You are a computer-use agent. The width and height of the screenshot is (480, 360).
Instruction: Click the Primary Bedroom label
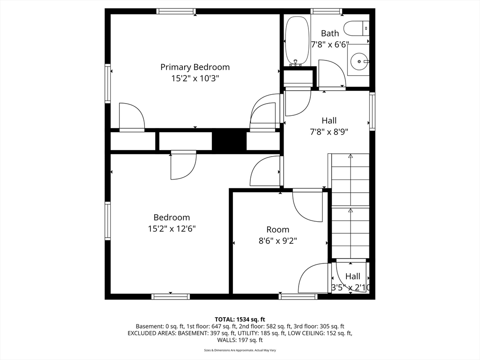click(195, 67)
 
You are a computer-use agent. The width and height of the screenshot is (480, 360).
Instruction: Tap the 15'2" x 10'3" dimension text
click(195, 79)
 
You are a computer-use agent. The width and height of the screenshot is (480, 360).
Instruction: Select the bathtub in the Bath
click(297, 41)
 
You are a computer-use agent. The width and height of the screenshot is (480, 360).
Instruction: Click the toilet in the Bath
click(356, 29)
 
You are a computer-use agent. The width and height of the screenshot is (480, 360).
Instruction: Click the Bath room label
click(330, 33)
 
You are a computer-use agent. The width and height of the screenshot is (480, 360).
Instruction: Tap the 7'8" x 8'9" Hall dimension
click(329, 132)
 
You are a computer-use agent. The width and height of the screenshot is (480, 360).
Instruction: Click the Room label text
click(277, 230)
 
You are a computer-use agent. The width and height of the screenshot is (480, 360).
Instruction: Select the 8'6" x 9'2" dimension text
click(277, 241)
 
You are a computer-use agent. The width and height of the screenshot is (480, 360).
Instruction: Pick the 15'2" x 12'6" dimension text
click(172, 229)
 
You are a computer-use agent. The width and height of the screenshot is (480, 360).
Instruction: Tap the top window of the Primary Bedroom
click(176, 11)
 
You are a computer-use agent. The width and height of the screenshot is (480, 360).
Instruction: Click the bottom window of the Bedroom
click(171, 296)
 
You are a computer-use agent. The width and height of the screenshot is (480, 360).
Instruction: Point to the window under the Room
click(298, 296)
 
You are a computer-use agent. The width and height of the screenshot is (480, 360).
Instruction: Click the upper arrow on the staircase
click(350, 156)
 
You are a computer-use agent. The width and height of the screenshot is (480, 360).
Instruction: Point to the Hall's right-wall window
click(372, 111)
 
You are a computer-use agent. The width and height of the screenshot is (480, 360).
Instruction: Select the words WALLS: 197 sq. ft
click(240, 340)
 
